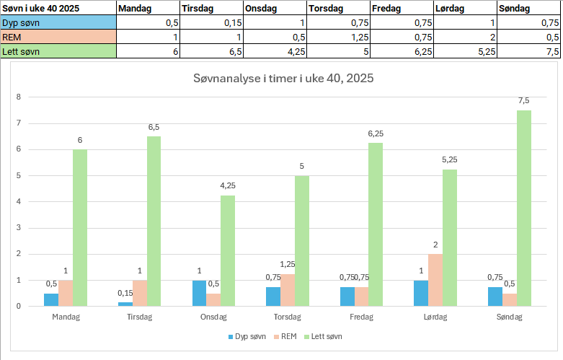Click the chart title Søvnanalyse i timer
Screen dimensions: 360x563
click(283, 78)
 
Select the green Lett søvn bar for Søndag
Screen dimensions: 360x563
click(523, 208)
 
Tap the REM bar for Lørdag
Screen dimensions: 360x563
click(435, 280)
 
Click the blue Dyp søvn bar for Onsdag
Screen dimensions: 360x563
click(199, 293)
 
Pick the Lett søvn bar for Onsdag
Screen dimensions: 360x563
click(228, 250)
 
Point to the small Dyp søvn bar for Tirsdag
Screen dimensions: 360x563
click(125, 304)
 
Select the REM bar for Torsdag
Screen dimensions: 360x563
click(287, 290)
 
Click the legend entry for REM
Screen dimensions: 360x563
click(288, 337)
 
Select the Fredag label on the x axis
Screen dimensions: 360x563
click(360, 317)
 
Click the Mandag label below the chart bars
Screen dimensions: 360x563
click(66, 317)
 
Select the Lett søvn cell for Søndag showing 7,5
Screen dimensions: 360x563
click(528, 51)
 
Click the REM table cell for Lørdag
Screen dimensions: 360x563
click(465, 37)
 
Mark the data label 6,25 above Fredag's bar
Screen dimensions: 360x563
click(376, 133)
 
